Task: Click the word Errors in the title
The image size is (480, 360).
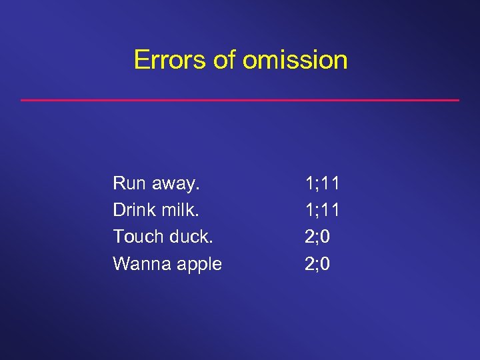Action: [170, 59]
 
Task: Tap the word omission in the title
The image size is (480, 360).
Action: [295, 59]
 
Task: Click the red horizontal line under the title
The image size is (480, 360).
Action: [240, 100]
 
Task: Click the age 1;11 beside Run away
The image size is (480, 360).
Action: [322, 183]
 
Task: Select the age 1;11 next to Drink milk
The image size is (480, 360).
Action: [322, 210]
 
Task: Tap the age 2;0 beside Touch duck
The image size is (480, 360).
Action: [317, 237]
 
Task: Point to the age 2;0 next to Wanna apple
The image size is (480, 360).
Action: [317, 265]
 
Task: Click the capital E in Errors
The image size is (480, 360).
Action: [140, 59]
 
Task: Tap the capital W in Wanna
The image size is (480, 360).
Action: [121, 264]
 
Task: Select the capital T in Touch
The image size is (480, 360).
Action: [117, 237]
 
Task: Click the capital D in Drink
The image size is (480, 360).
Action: [119, 209]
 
